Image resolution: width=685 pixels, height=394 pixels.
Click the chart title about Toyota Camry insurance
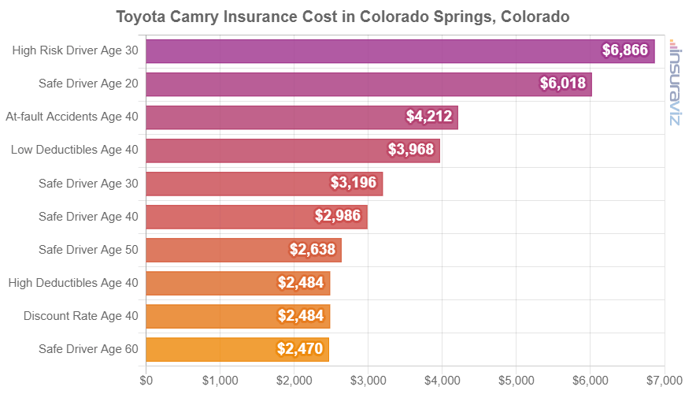(342, 16)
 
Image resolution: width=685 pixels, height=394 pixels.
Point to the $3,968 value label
(411, 150)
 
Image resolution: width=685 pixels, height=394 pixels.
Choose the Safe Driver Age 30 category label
(88, 183)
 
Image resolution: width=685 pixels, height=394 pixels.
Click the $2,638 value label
(313, 250)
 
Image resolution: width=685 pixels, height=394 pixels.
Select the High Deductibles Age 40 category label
(72, 282)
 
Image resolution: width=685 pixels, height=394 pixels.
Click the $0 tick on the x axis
(146, 380)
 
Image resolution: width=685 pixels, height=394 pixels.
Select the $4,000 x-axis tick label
(442, 380)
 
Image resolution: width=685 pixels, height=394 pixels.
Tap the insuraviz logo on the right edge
(675, 83)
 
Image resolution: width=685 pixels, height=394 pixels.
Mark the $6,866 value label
(624, 50)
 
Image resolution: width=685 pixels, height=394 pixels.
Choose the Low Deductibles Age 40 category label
(75, 150)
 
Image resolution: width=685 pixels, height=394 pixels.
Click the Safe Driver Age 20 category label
(88, 84)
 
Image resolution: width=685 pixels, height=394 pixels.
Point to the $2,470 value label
(300, 348)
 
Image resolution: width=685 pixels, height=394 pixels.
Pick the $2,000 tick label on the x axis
(294, 380)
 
